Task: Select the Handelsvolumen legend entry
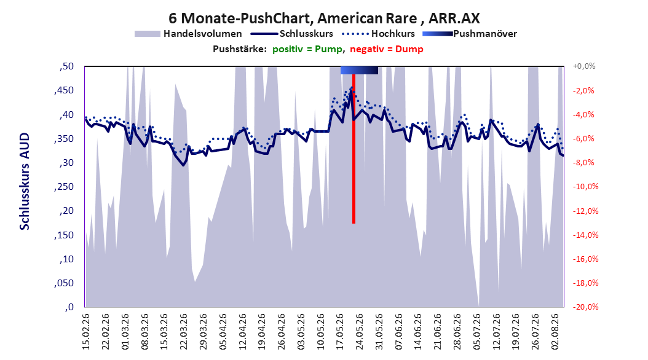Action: click(188, 34)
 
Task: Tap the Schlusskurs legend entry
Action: click(292, 34)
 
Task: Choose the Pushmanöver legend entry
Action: click(470, 34)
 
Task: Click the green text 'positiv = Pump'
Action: click(307, 49)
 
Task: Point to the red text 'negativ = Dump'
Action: click(387, 49)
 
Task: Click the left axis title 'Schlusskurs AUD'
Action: click(25, 181)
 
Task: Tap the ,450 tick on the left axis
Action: click(64, 90)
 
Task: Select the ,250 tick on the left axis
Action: click(64, 187)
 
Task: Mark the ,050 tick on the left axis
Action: click(64, 283)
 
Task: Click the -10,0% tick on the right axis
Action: click(585, 187)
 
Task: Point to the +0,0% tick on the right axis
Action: click(584, 66)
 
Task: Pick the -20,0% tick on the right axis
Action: click(585, 307)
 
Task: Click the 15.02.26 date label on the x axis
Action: click(86, 332)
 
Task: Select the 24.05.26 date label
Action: click(360, 332)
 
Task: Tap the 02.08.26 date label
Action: click(555, 332)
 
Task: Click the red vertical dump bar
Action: click(354, 149)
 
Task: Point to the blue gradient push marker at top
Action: click(359, 70)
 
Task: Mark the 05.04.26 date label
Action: click(223, 332)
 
